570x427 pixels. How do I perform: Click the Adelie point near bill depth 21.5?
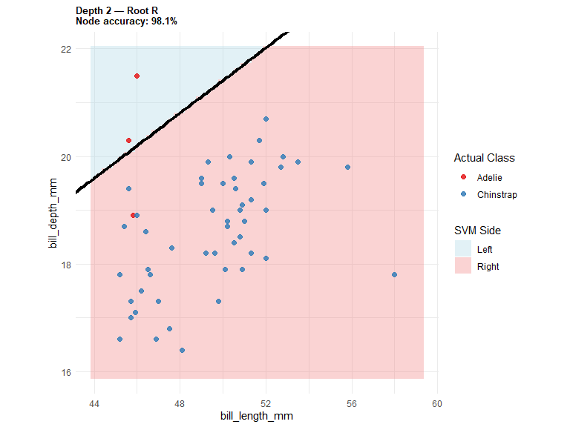pos(137,76)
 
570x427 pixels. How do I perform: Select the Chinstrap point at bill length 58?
pos(394,275)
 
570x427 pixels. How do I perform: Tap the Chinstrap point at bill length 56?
pos(347,168)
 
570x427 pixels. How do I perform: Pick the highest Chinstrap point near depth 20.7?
pos(266,119)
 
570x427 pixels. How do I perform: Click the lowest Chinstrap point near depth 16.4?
pos(182,351)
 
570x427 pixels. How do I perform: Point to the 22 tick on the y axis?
pos(66,49)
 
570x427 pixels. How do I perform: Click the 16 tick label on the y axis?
pos(66,373)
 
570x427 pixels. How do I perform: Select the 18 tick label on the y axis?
pos(66,265)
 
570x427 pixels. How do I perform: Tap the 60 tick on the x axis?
pos(437,404)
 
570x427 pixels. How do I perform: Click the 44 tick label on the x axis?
pos(94,404)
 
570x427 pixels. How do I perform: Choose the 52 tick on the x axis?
pos(266,404)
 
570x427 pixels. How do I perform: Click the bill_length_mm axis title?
pos(257,416)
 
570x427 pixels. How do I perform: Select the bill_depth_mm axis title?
pos(53,213)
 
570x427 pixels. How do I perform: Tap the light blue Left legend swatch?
pos(463,249)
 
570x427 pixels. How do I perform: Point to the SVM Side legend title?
pos(477,231)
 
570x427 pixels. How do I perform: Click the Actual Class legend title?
pos(484,158)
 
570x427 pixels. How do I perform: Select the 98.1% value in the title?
pos(164,21)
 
